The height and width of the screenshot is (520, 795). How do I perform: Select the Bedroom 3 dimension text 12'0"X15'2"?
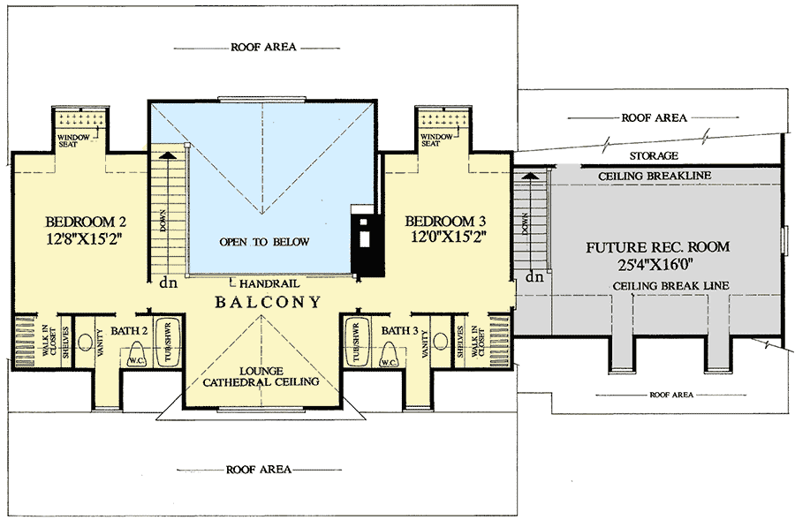pyautogui.click(x=447, y=237)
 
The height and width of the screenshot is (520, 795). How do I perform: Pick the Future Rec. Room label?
pyautogui.click(x=658, y=246)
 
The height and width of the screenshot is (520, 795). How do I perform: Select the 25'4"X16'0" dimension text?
pyautogui.click(x=658, y=262)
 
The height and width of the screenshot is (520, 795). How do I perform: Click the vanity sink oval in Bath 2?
pyautogui.click(x=86, y=342)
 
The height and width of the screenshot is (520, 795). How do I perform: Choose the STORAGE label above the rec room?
pyautogui.click(x=653, y=156)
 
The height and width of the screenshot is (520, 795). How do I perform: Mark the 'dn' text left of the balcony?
pyautogui.click(x=165, y=283)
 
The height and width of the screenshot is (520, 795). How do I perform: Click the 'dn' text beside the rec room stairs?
pyautogui.click(x=534, y=277)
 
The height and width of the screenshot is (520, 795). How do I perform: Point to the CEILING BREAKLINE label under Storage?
pyautogui.click(x=655, y=176)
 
